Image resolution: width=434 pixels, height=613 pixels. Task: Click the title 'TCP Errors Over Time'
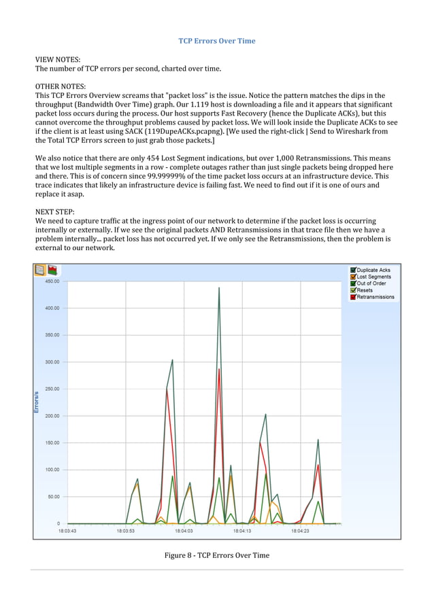coord(217,41)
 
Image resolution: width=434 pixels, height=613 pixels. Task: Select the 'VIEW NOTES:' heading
coord(58,60)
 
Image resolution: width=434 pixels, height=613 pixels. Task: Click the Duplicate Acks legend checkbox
coord(353,270)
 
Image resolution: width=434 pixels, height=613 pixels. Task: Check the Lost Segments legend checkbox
coord(353,277)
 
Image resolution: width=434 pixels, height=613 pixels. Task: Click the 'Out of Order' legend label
coord(371,284)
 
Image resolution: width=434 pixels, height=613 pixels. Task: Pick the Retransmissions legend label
coord(375,297)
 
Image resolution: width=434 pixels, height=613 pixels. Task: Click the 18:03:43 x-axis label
coord(66,531)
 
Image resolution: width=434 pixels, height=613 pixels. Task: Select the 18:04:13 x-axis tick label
coord(241,531)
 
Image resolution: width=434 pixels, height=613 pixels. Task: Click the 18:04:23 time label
coord(299,531)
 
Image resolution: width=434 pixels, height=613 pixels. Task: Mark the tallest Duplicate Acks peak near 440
coord(219,288)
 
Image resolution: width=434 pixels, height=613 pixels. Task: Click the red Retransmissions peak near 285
coord(219,370)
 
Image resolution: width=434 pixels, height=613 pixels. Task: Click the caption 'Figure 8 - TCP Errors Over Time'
coord(217,555)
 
